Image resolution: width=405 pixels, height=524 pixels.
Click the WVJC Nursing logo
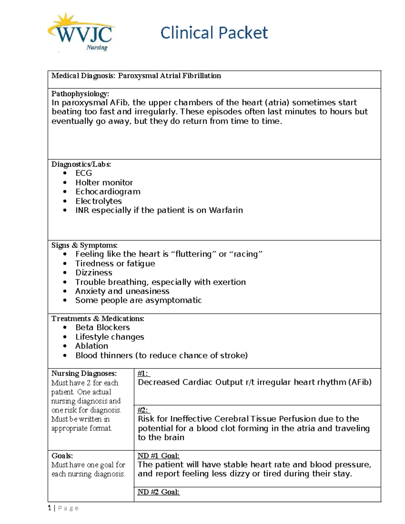[81, 33]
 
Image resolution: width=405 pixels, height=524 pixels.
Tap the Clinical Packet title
[214, 33]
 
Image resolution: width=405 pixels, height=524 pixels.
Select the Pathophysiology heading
[80, 93]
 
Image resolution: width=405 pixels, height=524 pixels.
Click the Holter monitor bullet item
[104, 183]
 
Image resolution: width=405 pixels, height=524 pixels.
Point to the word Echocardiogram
[108, 192]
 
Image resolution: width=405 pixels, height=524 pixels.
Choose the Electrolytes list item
[99, 201]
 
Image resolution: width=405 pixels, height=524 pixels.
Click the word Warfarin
[226, 210]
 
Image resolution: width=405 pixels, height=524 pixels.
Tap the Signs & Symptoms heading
[84, 245]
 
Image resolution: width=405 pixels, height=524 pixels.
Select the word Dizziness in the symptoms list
[93, 273]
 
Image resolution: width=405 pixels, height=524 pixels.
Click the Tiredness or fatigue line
[115, 264]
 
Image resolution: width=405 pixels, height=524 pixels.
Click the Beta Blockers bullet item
[103, 327]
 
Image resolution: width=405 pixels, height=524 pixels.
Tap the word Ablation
[91, 346]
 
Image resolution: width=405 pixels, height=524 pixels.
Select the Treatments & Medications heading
[98, 319]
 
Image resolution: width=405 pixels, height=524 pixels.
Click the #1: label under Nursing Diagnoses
[143, 373]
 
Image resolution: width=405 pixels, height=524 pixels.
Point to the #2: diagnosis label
[143, 410]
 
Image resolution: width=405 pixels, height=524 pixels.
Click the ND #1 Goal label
[158, 456]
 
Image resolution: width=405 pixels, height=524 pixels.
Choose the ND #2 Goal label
[158, 492]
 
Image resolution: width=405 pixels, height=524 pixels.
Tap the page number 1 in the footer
[50, 508]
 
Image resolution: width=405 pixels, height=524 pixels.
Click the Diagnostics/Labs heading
[81, 164]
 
